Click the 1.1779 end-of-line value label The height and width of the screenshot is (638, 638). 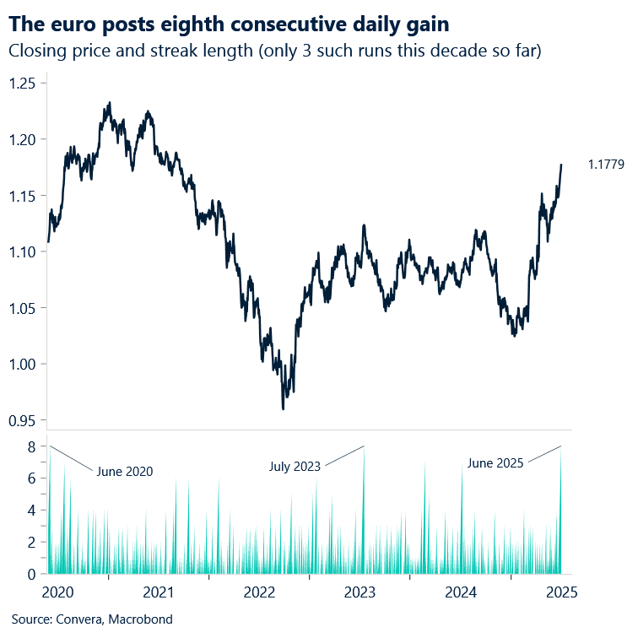coord(607,165)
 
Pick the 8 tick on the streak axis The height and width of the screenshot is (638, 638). coord(30,446)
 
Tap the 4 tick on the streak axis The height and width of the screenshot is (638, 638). coord(30,510)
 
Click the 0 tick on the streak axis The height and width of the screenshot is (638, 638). coord(30,574)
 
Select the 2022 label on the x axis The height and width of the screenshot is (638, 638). coord(260,592)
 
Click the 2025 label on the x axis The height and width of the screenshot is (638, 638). coord(561,592)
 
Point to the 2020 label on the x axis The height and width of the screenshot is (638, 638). coord(57,592)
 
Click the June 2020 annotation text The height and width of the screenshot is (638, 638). coord(125,472)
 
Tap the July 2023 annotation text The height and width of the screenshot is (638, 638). coord(295,465)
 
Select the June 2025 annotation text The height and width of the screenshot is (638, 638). coord(495,462)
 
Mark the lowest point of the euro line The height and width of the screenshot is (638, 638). coord(283,409)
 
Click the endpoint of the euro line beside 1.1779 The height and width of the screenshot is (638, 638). coord(561,165)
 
